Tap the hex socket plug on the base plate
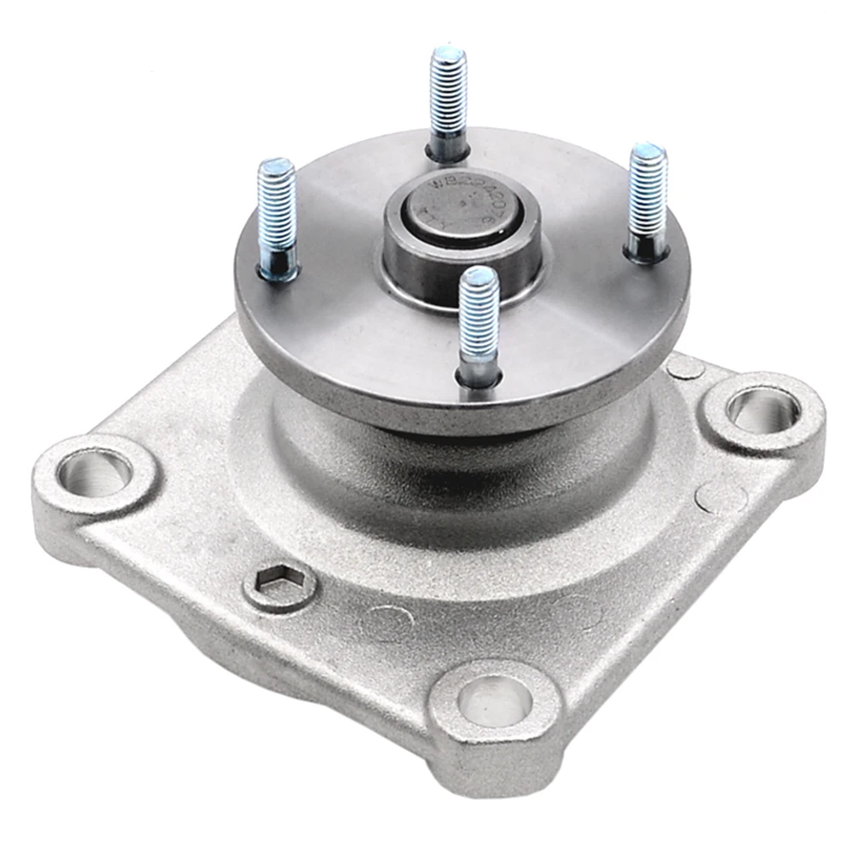[x=279, y=586]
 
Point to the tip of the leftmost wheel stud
[x=276, y=168]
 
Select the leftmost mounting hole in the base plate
[x=94, y=473]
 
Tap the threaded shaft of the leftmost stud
[x=277, y=215]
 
